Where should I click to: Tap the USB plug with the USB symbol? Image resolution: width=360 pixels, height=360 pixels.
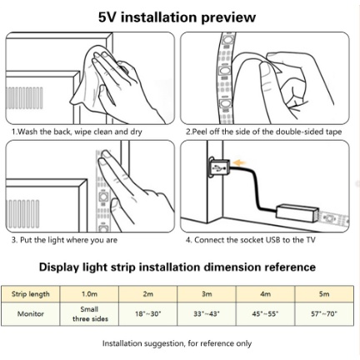click(x=219, y=167)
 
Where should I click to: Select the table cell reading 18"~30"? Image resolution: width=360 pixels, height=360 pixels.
click(x=148, y=314)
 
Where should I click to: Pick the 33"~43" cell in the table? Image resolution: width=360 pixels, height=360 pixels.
click(x=207, y=314)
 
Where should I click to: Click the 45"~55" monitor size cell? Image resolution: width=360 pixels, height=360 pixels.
click(x=265, y=314)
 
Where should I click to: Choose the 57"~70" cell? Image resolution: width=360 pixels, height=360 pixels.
click(x=324, y=314)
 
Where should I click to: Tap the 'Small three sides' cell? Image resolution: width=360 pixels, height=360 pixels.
click(x=89, y=314)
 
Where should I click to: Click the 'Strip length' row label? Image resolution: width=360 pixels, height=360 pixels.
click(x=31, y=294)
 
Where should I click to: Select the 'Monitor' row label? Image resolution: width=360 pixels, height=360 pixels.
click(x=31, y=314)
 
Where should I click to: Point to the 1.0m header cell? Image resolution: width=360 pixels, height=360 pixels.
click(x=89, y=294)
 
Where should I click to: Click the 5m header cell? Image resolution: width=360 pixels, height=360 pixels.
click(x=324, y=294)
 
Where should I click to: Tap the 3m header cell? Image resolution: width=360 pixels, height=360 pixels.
click(x=207, y=294)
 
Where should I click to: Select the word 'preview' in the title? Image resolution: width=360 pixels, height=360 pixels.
click(x=227, y=18)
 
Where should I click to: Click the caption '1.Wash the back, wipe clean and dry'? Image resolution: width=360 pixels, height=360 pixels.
click(x=77, y=132)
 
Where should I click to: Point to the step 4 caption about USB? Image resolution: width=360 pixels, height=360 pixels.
click(x=251, y=240)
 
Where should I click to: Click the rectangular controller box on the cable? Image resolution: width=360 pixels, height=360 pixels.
click(x=297, y=212)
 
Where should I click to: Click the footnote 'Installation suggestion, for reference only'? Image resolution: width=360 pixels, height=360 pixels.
click(x=177, y=343)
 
